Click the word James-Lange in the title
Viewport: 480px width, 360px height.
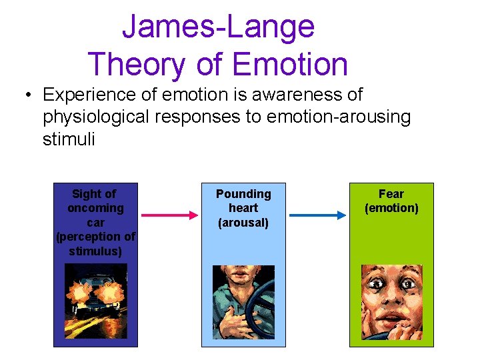point(218,27)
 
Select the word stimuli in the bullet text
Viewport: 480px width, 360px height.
point(69,139)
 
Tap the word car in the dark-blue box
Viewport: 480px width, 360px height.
point(96,223)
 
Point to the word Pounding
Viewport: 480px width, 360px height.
point(243,194)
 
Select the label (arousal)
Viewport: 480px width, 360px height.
point(243,223)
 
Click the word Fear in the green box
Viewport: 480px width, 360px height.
point(391,194)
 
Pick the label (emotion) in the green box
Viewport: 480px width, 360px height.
point(391,209)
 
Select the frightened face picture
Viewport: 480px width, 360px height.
point(391,302)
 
